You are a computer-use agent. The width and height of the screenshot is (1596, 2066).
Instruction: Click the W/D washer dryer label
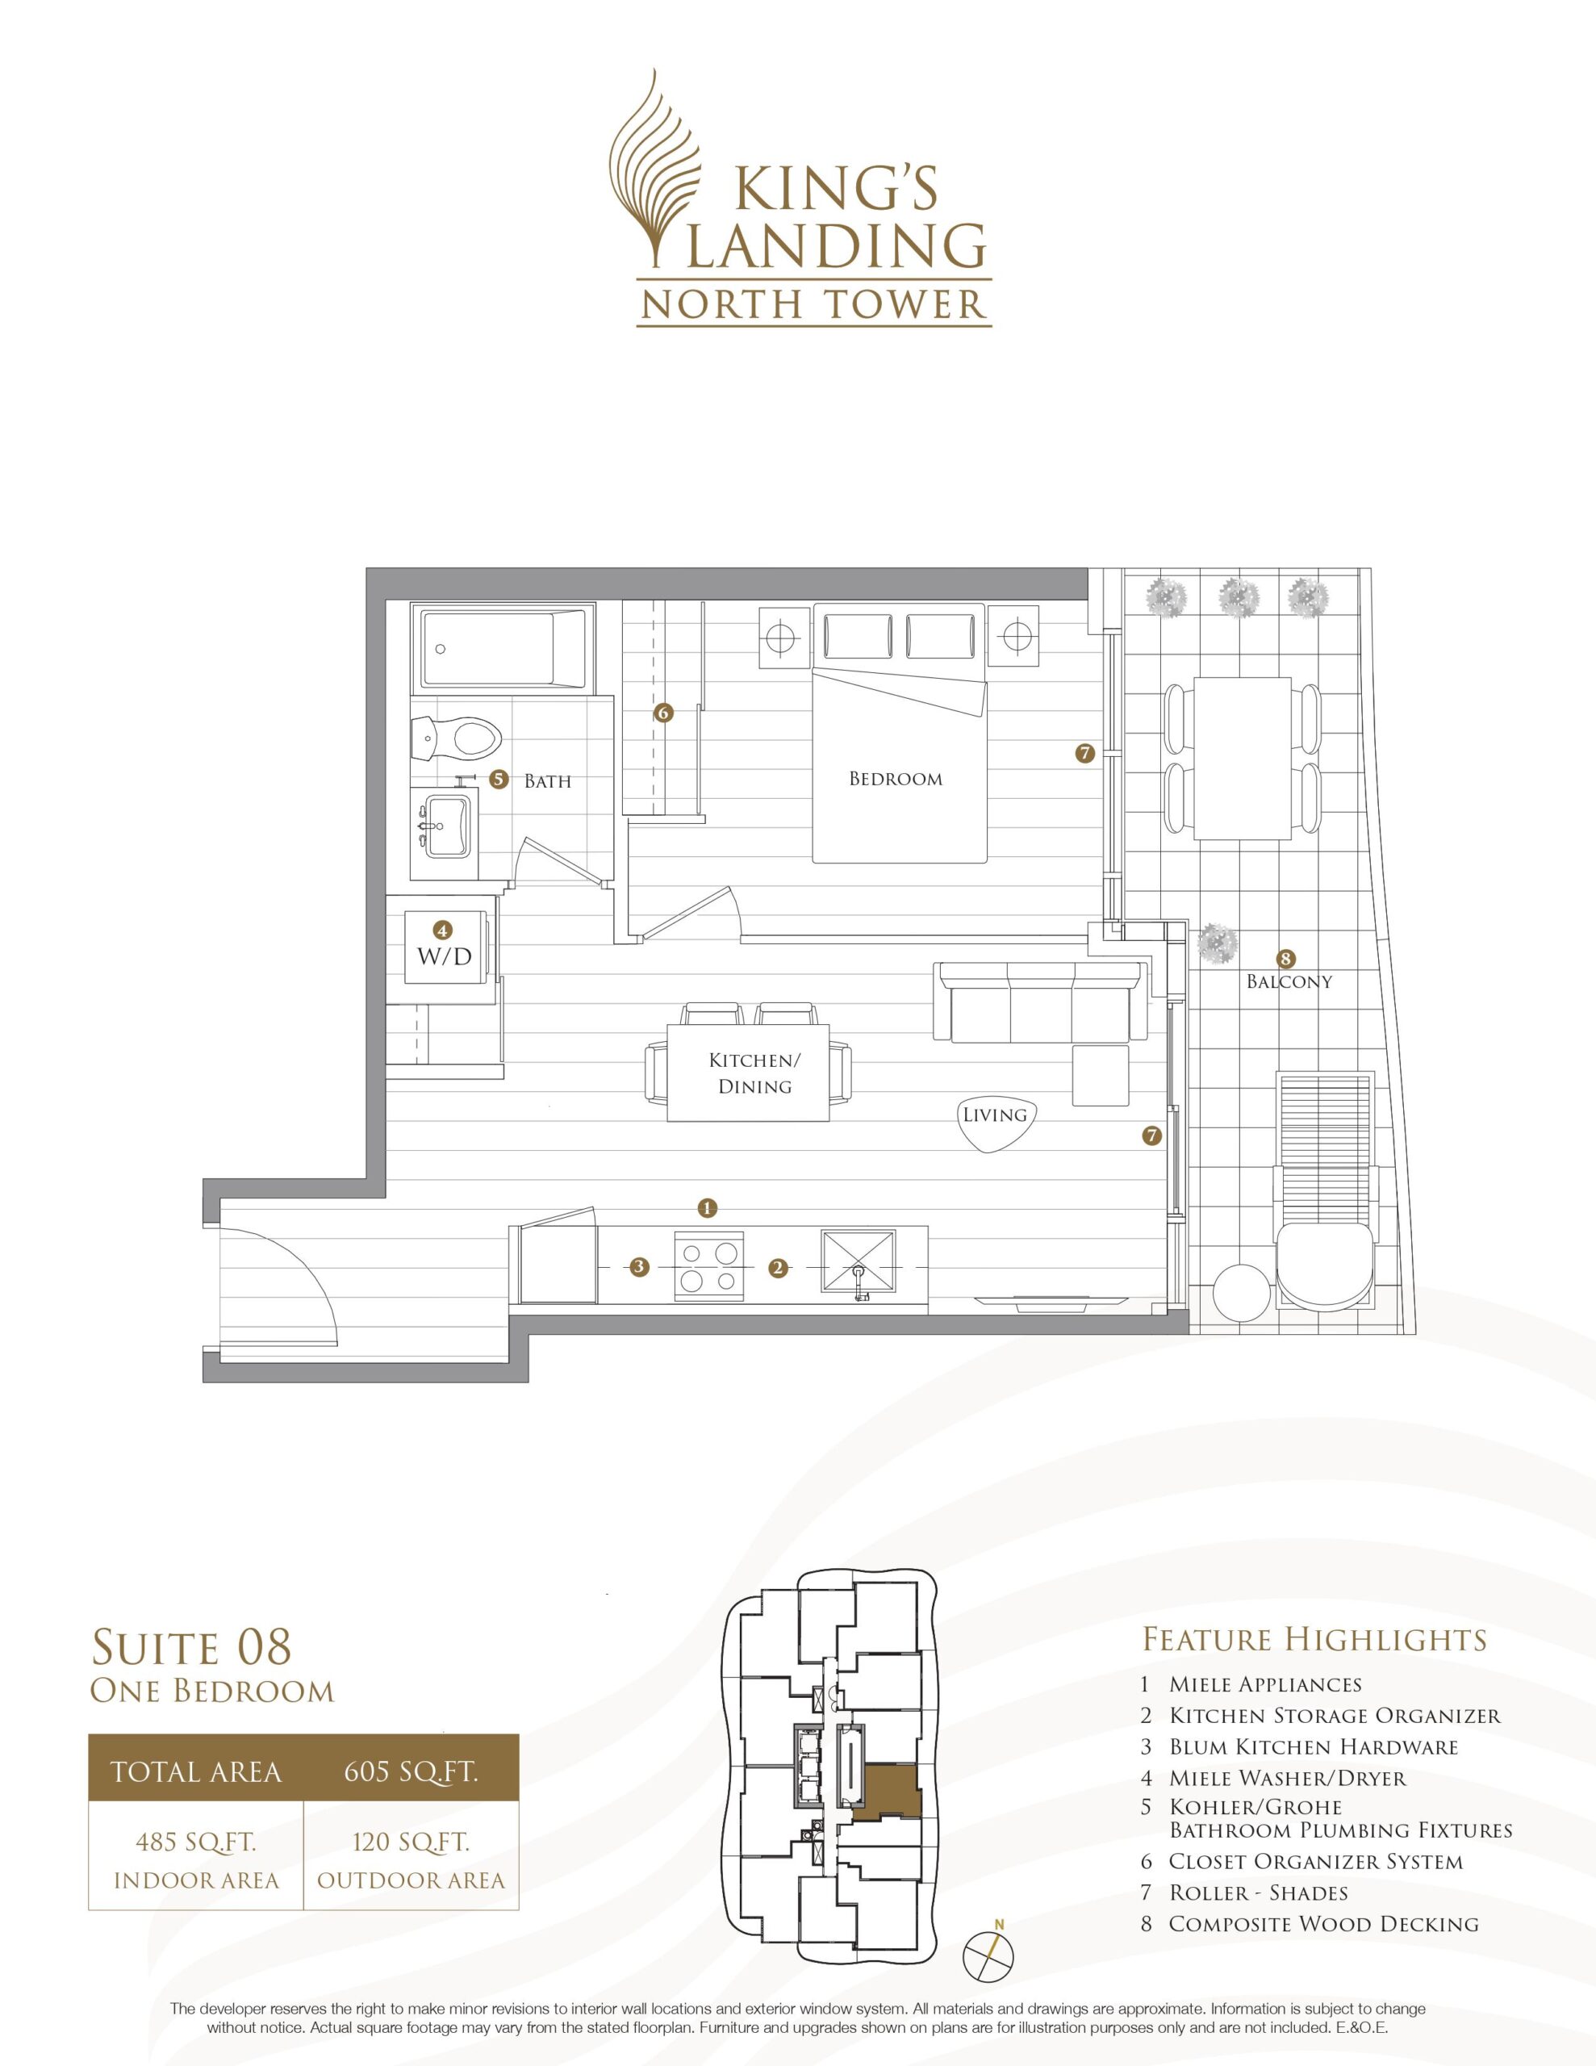click(445, 956)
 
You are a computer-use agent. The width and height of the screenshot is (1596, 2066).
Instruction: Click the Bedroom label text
click(895, 780)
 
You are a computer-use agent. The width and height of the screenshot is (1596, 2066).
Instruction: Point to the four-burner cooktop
click(709, 1267)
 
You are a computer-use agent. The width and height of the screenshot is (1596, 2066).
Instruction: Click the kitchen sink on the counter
click(857, 1265)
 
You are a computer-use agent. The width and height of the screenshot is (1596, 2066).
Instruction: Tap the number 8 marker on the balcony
click(1285, 957)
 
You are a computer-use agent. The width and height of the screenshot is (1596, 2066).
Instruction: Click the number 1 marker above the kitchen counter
click(707, 1207)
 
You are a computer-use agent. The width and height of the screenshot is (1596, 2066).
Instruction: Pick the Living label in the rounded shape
click(994, 1115)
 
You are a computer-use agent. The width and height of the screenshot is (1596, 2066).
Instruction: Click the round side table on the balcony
click(1241, 1292)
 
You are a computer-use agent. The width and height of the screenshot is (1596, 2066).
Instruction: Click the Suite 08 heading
click(191, 1647)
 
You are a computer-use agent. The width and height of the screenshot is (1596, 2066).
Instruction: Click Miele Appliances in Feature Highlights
click(1265, 1683)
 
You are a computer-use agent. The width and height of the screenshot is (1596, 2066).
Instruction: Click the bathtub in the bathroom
click(503, 650)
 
